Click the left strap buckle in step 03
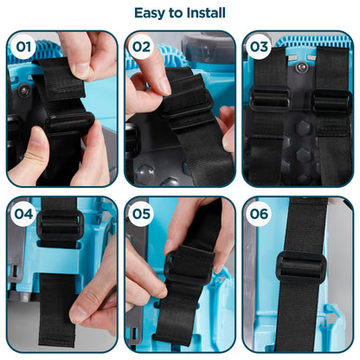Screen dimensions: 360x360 coord(267,99)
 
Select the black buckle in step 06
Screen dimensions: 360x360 coord(300,266)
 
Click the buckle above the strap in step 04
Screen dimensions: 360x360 coord(60,227)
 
